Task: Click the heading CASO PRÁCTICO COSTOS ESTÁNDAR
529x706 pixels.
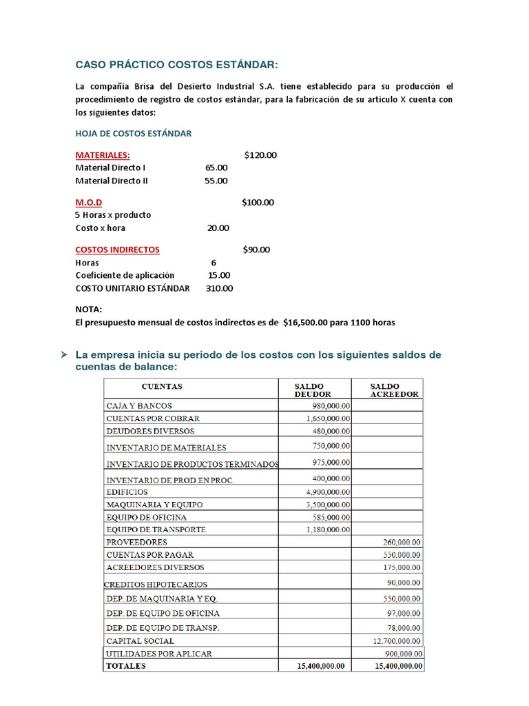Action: pos(177,65)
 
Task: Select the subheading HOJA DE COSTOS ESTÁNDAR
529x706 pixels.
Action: pos(133,133)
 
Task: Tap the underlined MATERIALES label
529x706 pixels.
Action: pos(102,155)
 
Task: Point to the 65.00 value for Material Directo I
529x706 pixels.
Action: pos(216,168)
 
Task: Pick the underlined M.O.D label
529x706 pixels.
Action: pos(89,203)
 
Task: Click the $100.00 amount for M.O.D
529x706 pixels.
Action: pos(258,203)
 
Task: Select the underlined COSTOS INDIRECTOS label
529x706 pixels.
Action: pos(117,250)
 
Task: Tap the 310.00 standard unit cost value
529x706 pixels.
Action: pos(219,288)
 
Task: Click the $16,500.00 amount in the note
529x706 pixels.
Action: pos(309,322)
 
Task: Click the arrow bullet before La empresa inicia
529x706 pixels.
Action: pos(63,354)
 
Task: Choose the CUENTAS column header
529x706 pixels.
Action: pos(162,386)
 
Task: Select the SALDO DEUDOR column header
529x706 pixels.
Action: pos(313,390)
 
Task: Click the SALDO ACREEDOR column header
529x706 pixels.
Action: pos(388,390)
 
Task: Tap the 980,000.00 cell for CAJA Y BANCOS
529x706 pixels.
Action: pos(328,405)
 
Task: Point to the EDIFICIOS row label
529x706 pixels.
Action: pos(126,492)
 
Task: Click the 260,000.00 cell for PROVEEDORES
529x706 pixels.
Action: pos(403,542)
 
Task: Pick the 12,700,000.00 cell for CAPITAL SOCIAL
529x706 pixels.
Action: pos(397,641)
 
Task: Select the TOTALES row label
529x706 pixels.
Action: pos(125,666)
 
